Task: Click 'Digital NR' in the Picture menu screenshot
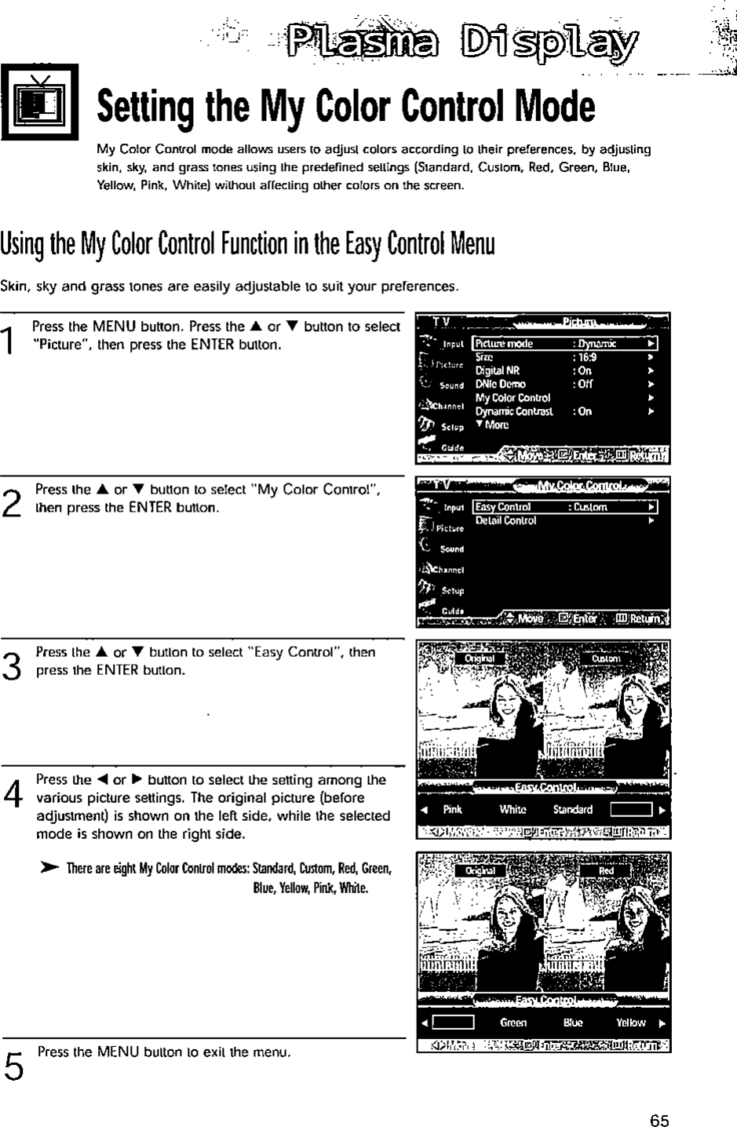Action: [498, 370]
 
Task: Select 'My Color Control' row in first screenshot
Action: [513, 398]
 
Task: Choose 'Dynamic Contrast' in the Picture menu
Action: [514, 411]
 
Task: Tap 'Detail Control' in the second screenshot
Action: [506, 520]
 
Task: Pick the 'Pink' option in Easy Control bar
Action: [453, 810]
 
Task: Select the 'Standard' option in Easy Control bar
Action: [572, 810]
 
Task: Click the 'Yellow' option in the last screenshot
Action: [630, 1023]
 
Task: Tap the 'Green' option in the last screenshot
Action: [513, 1023]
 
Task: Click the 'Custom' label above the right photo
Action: [605, 658]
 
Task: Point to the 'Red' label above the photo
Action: [606, 871]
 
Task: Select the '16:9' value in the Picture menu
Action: [587, 357]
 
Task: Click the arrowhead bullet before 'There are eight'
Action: [49, 868]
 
